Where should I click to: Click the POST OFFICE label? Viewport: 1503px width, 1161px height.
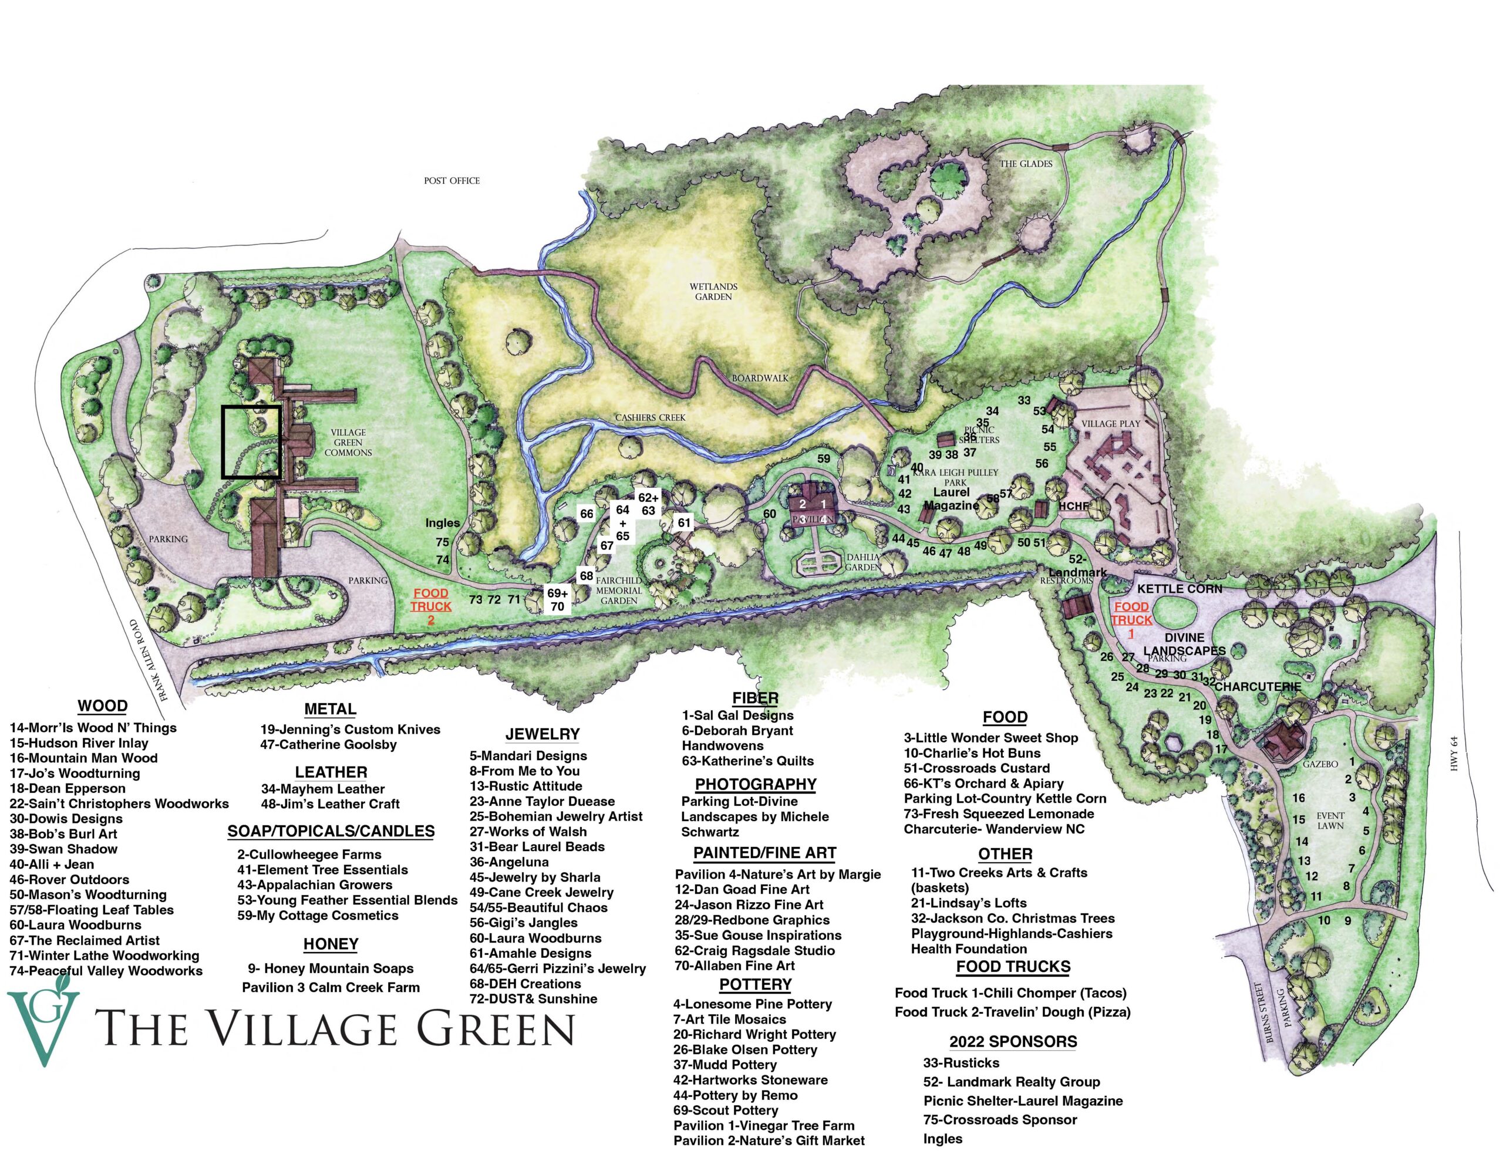click(451, 180)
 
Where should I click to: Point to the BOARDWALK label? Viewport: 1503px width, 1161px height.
click(760, 378)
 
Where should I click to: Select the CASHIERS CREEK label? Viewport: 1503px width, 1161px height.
click(651, 418)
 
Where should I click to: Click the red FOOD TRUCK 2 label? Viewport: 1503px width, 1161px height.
click(431, 606)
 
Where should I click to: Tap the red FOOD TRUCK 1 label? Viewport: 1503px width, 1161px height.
click(1131, 619)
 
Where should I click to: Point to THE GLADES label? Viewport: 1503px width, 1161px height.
click(1026, 164)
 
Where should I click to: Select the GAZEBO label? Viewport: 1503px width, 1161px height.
click(1320, 764)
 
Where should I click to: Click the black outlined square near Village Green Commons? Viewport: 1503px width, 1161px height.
click(251, 442)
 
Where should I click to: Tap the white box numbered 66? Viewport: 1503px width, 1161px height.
click(587, 514)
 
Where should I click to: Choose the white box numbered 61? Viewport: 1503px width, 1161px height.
click(683, 523)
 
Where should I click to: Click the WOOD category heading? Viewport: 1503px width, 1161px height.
click(103, 706)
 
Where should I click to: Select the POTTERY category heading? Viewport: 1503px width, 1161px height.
click(755, 984)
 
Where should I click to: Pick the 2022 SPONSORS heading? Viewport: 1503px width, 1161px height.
click(1013, 1041)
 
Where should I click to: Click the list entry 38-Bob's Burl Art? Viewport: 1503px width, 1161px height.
click(63, 833)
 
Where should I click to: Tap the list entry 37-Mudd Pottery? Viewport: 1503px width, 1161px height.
click(715, 1065)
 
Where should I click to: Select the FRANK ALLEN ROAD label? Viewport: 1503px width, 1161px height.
click(144, 660)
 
